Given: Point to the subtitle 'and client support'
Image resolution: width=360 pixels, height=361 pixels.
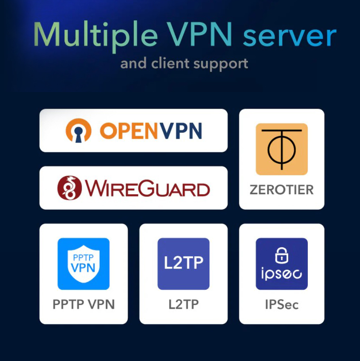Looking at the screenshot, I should [x=184, y=64].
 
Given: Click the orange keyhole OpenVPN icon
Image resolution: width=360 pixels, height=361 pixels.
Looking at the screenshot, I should [x=79, y=130].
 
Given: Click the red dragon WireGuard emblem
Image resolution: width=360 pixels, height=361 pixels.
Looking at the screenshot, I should [x=70, y=188].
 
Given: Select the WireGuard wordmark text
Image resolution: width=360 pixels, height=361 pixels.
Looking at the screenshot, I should [x=147, y=188].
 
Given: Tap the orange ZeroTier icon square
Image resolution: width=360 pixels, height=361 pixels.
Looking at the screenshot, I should [x=281, y=149].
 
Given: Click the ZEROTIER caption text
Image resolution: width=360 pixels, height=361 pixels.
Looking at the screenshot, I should [x=281, y=190].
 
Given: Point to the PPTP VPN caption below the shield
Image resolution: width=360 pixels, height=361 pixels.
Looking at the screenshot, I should [x=84, y=304].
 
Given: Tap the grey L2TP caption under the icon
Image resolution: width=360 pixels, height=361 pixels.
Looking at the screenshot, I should [x=183, y=304].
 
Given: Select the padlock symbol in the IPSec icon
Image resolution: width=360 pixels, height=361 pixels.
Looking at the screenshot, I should [x=281, y=255].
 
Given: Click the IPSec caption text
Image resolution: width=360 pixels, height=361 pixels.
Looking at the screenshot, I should [x=281, y=304].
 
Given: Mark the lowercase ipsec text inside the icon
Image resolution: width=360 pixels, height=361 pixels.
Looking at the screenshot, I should [x=281, y=274].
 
